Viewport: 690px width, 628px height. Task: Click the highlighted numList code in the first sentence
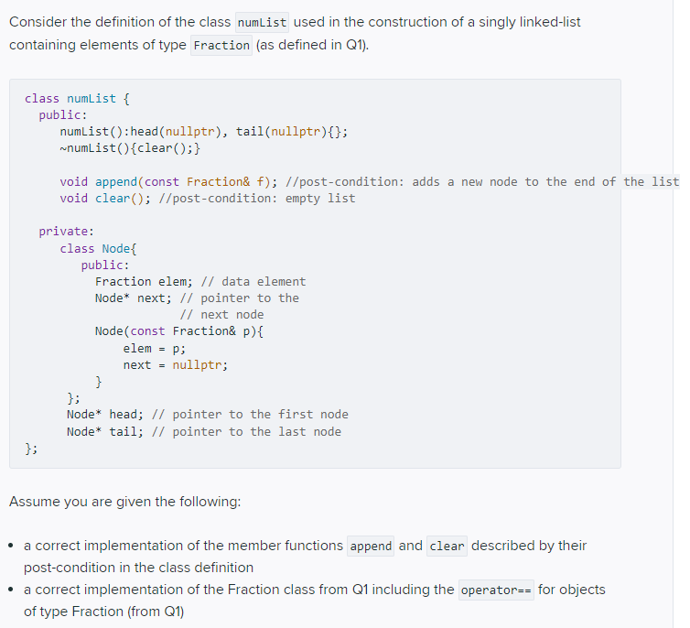pyautogui.click(x=262, y=22)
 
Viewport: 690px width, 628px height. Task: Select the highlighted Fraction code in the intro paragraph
pyautogui.click(x=221, y=45)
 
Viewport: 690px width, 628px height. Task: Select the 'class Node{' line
pyautogui.click(x=99, y=248)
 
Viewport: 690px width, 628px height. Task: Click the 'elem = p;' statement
pyautogui.click(x=154, y=348)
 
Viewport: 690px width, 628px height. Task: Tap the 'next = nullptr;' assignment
pyautogui.click(x=176, y=364)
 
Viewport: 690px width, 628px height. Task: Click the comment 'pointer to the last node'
pyautogui.click(x=256, y=431)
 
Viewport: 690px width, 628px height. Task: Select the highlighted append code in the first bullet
pyautogui.click(x=371, y=546)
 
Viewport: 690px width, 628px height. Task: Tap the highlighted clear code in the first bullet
pyautogui.click(x=447, y=546)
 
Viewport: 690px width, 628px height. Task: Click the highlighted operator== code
pyautogui.click(x=495, y=590)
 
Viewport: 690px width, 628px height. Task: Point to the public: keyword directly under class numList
pyautogui.click(x=63, y=114)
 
